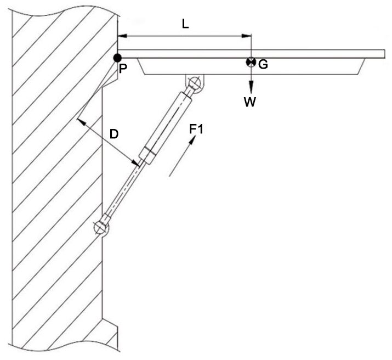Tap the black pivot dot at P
tap(117, 57)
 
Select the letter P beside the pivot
tap(122, 69)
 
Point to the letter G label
tap(263, 65)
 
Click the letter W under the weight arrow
tap(250, 102)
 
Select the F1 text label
tap(196, 129)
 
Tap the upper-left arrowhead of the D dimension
tap(81, 120)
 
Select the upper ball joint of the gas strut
tap(194, 83)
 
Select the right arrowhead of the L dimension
tap(247, 36)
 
